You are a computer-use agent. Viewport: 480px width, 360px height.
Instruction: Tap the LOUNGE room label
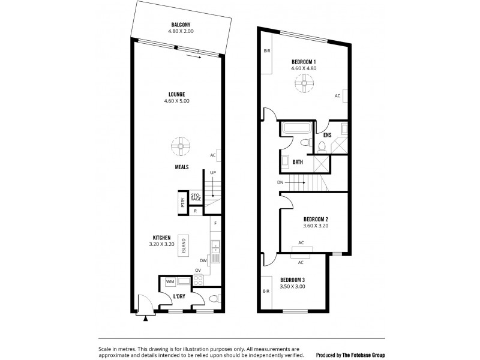176,94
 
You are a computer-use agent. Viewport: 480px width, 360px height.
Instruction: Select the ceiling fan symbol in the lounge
178,145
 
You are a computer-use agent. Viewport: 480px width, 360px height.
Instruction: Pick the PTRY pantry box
181,202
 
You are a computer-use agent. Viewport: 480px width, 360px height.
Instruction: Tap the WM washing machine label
169,281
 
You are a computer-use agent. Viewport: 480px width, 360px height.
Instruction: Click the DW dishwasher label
203,260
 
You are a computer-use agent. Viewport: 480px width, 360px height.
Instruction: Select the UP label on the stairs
212,173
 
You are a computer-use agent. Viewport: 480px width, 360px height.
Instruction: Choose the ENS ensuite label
328,136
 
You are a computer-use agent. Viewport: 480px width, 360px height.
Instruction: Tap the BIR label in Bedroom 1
266,52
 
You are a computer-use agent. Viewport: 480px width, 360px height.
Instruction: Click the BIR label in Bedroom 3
266,292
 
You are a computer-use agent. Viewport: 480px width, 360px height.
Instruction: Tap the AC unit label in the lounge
213,155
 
